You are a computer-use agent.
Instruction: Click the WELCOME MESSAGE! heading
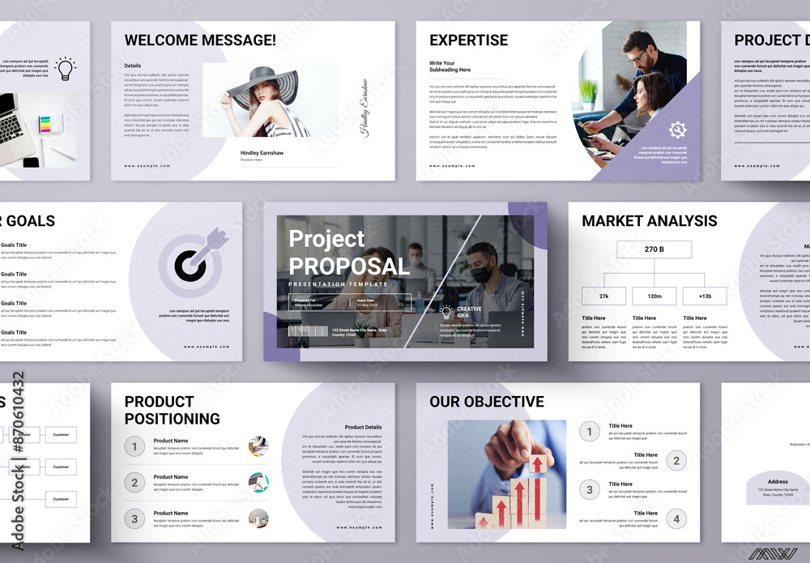pos(200,40)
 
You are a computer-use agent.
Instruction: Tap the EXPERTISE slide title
pos(468,40)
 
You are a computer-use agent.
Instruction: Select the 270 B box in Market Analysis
pos(654,250)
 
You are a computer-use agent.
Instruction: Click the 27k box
pos(603,296)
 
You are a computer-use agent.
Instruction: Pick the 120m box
pos(654,296)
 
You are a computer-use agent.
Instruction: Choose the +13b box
pos(705,296)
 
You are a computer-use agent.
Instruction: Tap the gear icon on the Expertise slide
pos(677,129)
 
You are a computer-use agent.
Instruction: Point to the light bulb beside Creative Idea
pos(446,311)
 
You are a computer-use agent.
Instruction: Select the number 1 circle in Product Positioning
pos(135,446)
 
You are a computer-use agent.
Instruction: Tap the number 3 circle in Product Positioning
pos(135,518)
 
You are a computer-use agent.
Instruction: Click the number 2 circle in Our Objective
pos(676,461)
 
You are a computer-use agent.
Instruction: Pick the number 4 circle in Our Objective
pos(676,518)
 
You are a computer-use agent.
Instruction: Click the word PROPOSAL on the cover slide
pos(349,266)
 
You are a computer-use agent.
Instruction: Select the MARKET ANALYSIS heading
pos(649,220)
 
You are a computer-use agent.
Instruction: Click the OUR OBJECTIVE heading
pos(486,402)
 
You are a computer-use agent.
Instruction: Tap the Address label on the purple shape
pos(778,481)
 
